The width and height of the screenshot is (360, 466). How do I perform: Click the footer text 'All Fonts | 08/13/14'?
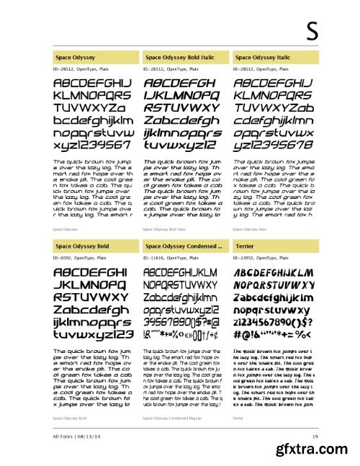click(76, 436)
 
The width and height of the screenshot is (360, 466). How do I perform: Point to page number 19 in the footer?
click(315, 436)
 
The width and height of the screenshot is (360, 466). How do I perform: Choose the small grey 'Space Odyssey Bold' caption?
click(69, 418)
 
